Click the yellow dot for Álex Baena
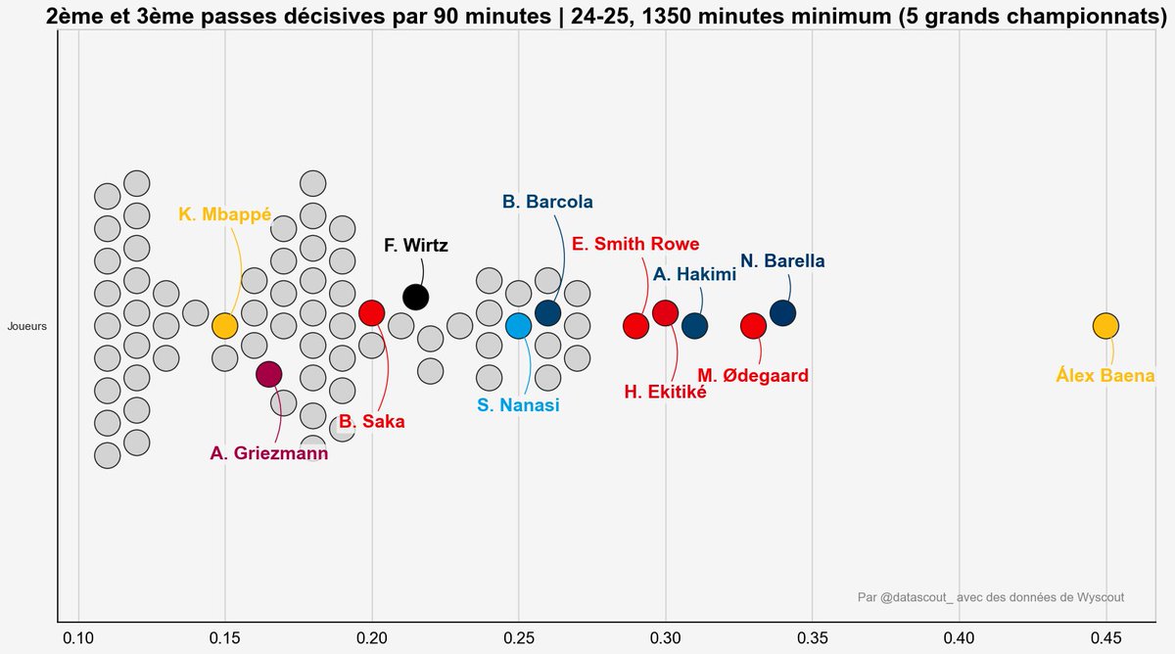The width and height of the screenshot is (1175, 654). (x=1105, y=326)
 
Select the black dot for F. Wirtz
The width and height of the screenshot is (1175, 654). (x=415, y=297)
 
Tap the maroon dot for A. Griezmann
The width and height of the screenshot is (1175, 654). (x=268, y=373)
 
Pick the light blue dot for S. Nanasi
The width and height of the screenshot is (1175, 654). (x=518, y=326)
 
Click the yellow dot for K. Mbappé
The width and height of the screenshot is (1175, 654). (x=224, y=326)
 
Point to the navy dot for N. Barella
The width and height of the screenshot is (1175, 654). (x=782, y=313)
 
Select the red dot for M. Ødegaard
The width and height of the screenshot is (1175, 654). (x=753, y=326)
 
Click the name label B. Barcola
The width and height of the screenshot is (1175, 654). (x=547, y=203)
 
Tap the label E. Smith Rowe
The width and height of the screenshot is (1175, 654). (x=635, y=245)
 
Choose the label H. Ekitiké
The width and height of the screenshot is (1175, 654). (x=665, y=393)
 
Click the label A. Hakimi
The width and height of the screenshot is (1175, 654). (x=694, y=275)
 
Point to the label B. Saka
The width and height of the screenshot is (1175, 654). (x=372, y=422)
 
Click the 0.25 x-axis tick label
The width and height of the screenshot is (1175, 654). (x=518, y=637)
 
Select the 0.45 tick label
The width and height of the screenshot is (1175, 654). (x=1105, y=637)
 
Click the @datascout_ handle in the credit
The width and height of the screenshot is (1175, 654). (x=916, y=597)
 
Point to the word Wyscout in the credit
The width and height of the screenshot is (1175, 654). (x=1091, y=597)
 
